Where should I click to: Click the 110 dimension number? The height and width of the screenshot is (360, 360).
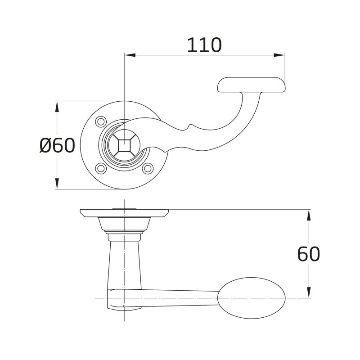point(204,45)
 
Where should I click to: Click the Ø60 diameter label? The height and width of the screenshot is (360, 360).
point(58,145)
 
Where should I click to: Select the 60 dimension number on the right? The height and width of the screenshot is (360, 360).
point(308,254)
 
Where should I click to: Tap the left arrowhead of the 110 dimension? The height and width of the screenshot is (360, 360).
point(130,55)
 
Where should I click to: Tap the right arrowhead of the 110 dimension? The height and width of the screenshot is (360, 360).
point(279,55)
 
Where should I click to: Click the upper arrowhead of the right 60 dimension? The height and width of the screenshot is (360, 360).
point(309,215)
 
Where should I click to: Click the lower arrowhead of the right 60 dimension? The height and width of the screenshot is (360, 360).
point(309,292)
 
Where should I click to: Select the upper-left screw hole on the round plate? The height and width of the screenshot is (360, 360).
point(101,121)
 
